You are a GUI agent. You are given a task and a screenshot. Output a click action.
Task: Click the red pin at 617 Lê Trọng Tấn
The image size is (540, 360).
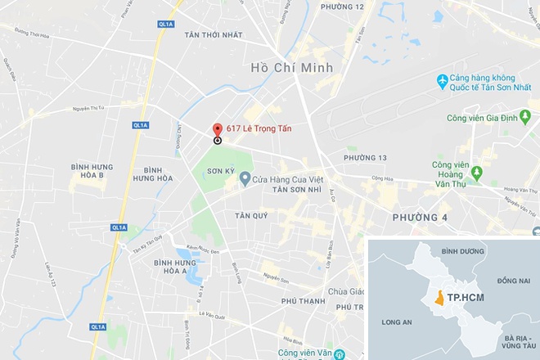pos(217,130)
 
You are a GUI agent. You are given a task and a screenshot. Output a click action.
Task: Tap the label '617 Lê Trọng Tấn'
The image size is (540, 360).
pos(259,128)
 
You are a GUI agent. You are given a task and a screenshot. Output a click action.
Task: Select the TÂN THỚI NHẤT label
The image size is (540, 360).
pos(214,35)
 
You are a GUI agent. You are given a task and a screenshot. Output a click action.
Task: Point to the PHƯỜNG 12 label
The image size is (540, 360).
pos(342,7)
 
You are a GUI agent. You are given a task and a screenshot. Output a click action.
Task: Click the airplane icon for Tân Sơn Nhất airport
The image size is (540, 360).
pos(443,80)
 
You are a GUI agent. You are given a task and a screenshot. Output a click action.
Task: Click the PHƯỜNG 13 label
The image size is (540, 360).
pos(365,157)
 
